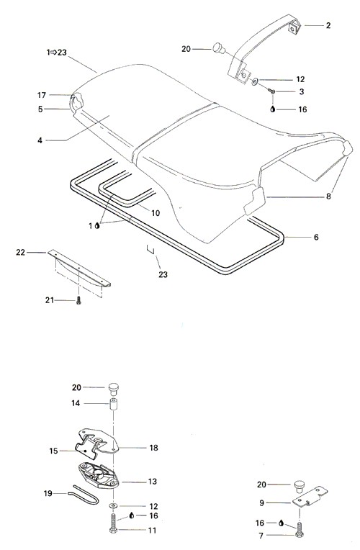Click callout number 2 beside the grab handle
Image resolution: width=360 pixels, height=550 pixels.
point(328,25)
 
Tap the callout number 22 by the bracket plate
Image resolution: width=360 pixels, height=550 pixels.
point(21,252)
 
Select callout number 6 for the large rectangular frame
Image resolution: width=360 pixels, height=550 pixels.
point(316,238)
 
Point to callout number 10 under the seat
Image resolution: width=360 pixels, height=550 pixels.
point(156,213)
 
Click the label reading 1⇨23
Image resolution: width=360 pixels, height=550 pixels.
point(56,53)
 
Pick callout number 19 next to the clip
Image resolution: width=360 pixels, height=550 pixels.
point(48,493)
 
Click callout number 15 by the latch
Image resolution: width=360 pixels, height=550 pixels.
point(53,451)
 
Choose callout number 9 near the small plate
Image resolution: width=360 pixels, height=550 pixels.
point(261,503)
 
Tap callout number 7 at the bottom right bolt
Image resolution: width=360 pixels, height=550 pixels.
point(261,536)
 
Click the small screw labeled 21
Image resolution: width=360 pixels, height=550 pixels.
point(78,301)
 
